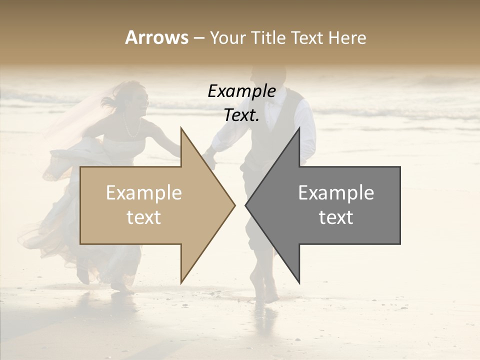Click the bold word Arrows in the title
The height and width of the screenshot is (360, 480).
[156, 37]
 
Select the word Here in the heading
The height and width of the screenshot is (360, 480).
[347, 37]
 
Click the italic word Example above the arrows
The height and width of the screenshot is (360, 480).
[241, 91]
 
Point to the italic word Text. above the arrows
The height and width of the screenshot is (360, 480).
[241, 115]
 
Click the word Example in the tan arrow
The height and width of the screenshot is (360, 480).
[144, 193]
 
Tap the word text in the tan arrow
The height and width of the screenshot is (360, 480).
[144, 217]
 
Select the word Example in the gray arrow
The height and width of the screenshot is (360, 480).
[336, 193]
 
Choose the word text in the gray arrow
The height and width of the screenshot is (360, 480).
[336, 217]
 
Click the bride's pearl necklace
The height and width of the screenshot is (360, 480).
[131, 127]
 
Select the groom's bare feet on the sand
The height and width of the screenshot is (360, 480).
[265, 292]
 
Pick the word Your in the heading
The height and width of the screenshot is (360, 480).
[225, 37]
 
